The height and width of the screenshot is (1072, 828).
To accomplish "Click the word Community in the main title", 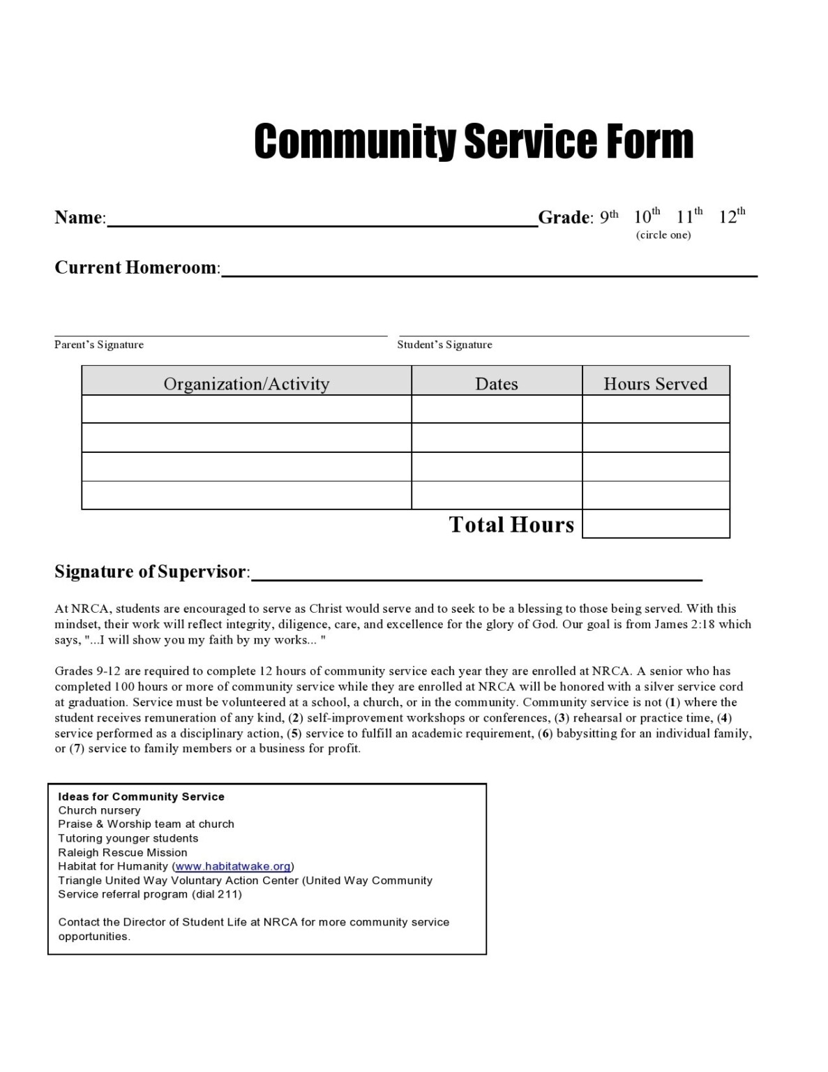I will (x=356, y=142).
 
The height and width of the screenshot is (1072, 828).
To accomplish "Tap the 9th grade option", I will (x=608, y=216).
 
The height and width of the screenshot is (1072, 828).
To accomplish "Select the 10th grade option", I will (x=647, y=216).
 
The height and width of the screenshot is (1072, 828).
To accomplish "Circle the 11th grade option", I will (x=689, y=216).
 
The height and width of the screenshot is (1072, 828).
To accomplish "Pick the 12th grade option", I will (x=732, y=216).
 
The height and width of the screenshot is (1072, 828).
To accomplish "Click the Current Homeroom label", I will (x=137, y=268).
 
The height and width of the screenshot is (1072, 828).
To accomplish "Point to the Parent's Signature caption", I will (x=99, y=345).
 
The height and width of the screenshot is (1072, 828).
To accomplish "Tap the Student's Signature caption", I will (x=444, y=345).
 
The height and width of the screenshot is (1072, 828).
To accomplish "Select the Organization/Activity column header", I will (x=246, y=384).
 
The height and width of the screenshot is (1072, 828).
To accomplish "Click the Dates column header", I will (x=497, y=384).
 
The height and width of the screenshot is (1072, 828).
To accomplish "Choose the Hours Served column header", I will (x=655, y=384).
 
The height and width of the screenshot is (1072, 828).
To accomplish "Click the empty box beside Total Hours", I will (x=656, y=524).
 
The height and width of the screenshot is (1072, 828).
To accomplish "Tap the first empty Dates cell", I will (x=497, y=410).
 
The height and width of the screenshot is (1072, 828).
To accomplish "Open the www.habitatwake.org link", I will (x=233, y=866).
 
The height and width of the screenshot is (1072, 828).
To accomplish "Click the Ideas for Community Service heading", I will (x=141, y=796).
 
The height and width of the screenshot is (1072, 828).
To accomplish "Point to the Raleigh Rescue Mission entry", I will (x=123, y=852).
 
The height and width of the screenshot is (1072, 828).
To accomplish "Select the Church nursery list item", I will (x=99, y=810).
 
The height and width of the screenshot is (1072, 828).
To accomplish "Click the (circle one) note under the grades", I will (x=663, y=235).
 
